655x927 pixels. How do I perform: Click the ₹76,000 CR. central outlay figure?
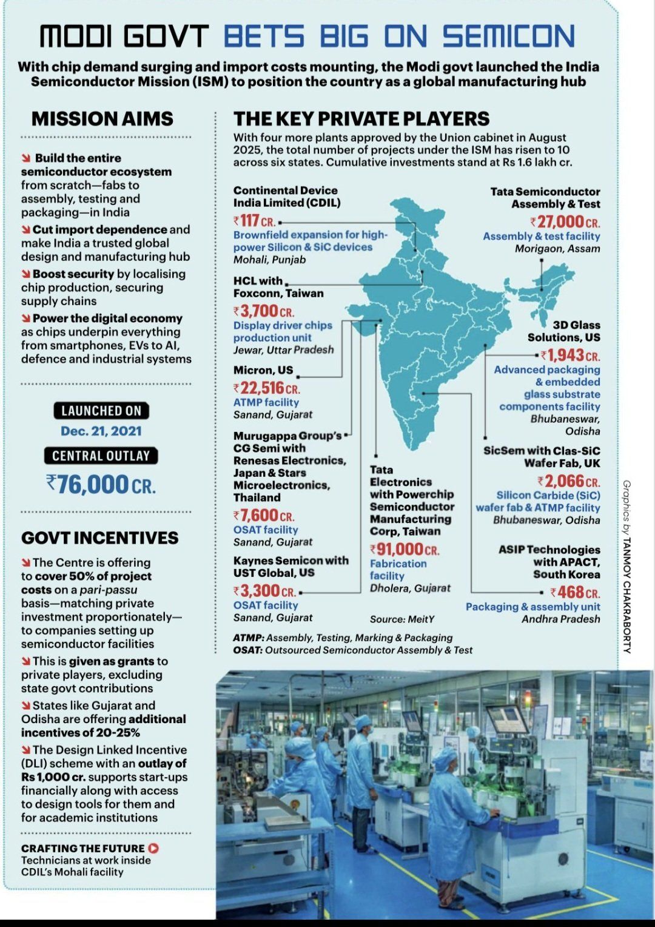tap(101, 485)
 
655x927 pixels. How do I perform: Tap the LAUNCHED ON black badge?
tap(101, 411)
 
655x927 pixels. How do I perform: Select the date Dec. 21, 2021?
tap(101, 431)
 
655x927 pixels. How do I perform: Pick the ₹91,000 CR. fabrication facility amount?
tap(405, 550)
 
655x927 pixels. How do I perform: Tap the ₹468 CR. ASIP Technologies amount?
tap(575, 592)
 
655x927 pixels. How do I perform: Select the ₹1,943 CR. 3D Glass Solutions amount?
tap(570, 356)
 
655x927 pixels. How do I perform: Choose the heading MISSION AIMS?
tap(102, 119)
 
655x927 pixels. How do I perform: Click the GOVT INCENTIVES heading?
tap(100, 538)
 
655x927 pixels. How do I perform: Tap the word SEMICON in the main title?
tap(508, 36)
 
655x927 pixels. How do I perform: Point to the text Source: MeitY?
tap(402, 619)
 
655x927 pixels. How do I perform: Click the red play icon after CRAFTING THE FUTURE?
tap(153, 848)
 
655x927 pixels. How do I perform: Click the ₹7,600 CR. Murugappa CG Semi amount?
tap(264, 516)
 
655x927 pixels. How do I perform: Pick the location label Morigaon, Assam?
tap(557, 249)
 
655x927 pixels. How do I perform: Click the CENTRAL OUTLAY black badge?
tap(101, 456)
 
